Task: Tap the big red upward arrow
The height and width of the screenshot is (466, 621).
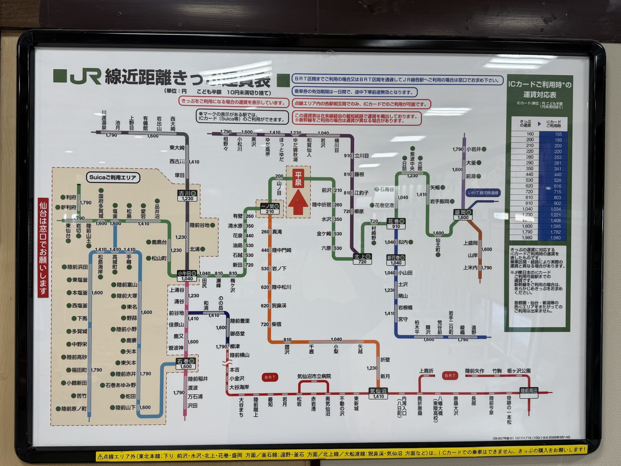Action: click(x=298, y=202)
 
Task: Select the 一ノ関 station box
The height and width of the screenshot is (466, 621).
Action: click(x=270, y=209)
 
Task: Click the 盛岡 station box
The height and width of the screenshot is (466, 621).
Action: click(x=463, y=215)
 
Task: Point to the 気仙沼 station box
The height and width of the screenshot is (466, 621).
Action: click(x=378, y=393)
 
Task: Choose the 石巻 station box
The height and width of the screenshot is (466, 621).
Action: click(x=186, y=364)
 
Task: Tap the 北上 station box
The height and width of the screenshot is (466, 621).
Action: click(x=362, y=259)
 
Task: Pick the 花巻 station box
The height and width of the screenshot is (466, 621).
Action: click(x=396, y=224)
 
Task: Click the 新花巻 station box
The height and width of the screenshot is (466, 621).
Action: click(x=396, y=260)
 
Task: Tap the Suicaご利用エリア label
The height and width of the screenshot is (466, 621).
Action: click(x=113, y=177)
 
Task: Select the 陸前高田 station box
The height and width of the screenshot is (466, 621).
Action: click(x=529, y=391)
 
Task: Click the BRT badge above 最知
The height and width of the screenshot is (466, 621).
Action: click(x=270, y=377)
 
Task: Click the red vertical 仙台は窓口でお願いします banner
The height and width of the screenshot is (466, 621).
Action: click(x=43, y=247)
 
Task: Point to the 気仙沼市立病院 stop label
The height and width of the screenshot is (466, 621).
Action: click(x=314, y=376)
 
